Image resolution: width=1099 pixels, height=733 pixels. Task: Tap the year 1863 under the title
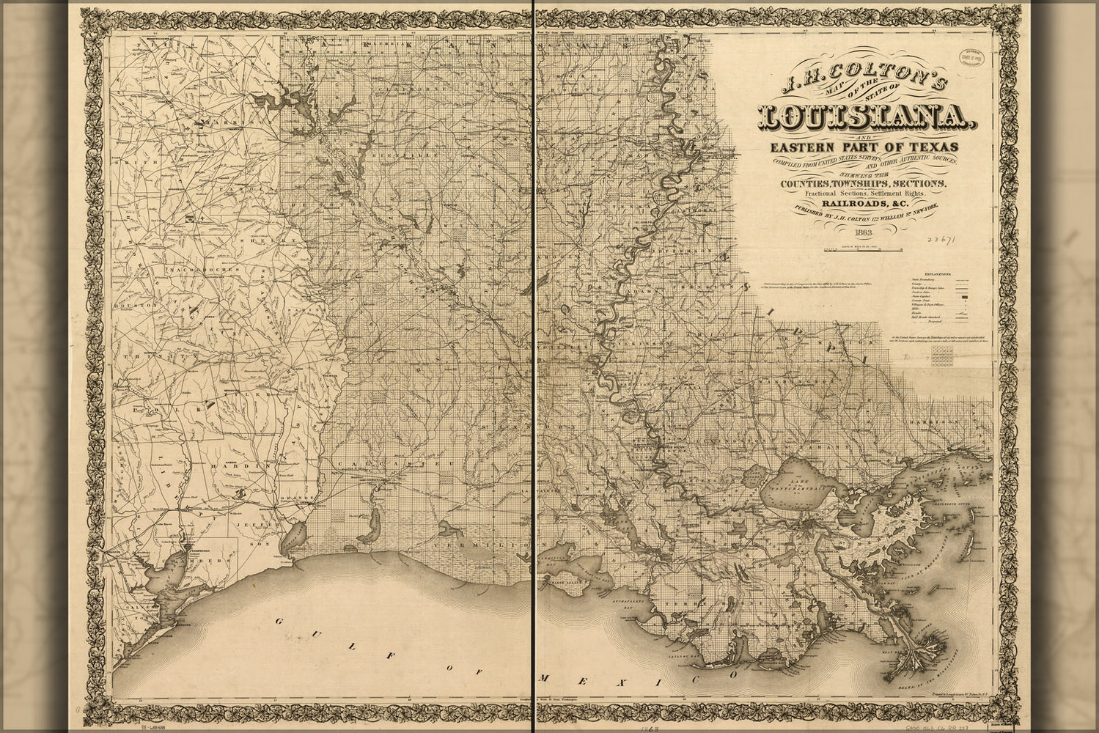point(856,234)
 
